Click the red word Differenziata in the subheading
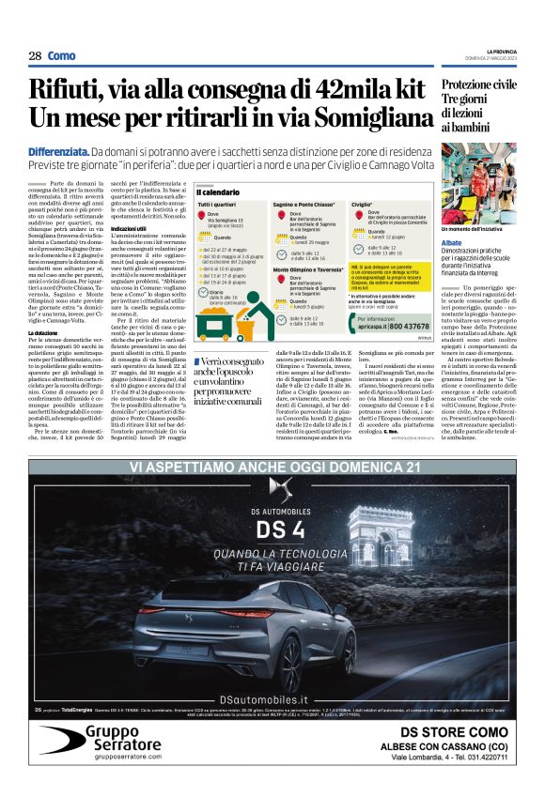58,151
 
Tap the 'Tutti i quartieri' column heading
217,204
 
